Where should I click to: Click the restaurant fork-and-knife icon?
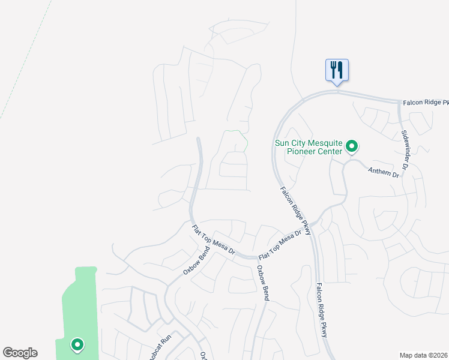click(x=337, y=70)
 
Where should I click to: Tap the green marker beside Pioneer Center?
click(x=353, y=146)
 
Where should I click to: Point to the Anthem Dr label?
click(x=384, y=173)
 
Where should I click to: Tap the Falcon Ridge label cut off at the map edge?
click(x=424, y=103)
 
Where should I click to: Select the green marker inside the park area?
click(x=77, y=344)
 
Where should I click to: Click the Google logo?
click(x=20, y=353)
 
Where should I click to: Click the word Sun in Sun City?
click(x=282, y=143)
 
